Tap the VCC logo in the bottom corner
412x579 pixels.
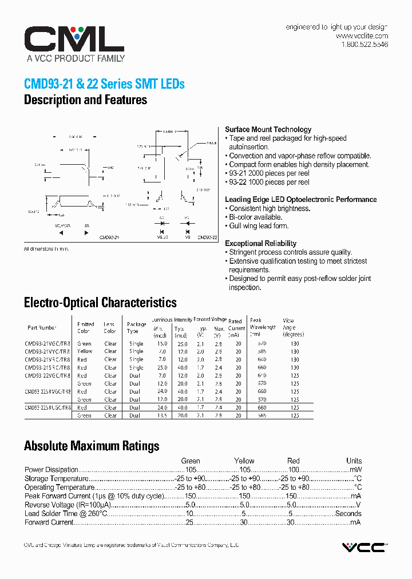[x=364, y=548]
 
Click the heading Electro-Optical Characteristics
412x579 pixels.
[x=100, y=303]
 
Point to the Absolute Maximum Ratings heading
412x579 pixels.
[x=92, y=446]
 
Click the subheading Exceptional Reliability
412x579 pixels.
[x=260, y=243]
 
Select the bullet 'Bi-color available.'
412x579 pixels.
[x=255, y=217]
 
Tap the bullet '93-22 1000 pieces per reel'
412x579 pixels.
[x=268, y=182]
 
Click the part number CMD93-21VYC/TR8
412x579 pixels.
[x=47, y=351]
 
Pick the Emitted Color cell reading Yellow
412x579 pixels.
[x=85, y=351]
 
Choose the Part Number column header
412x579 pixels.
[x=42, y=328]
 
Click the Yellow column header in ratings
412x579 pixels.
[x=244, y=461]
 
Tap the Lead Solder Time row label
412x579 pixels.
[x=66, y=514]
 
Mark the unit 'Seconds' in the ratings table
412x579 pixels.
[x=348, y=514]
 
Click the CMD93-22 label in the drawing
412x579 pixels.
[x=207, y=237]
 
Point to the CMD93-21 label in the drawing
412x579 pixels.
[x=109, y=237]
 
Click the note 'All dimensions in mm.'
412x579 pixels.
[x=50, y=249]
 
